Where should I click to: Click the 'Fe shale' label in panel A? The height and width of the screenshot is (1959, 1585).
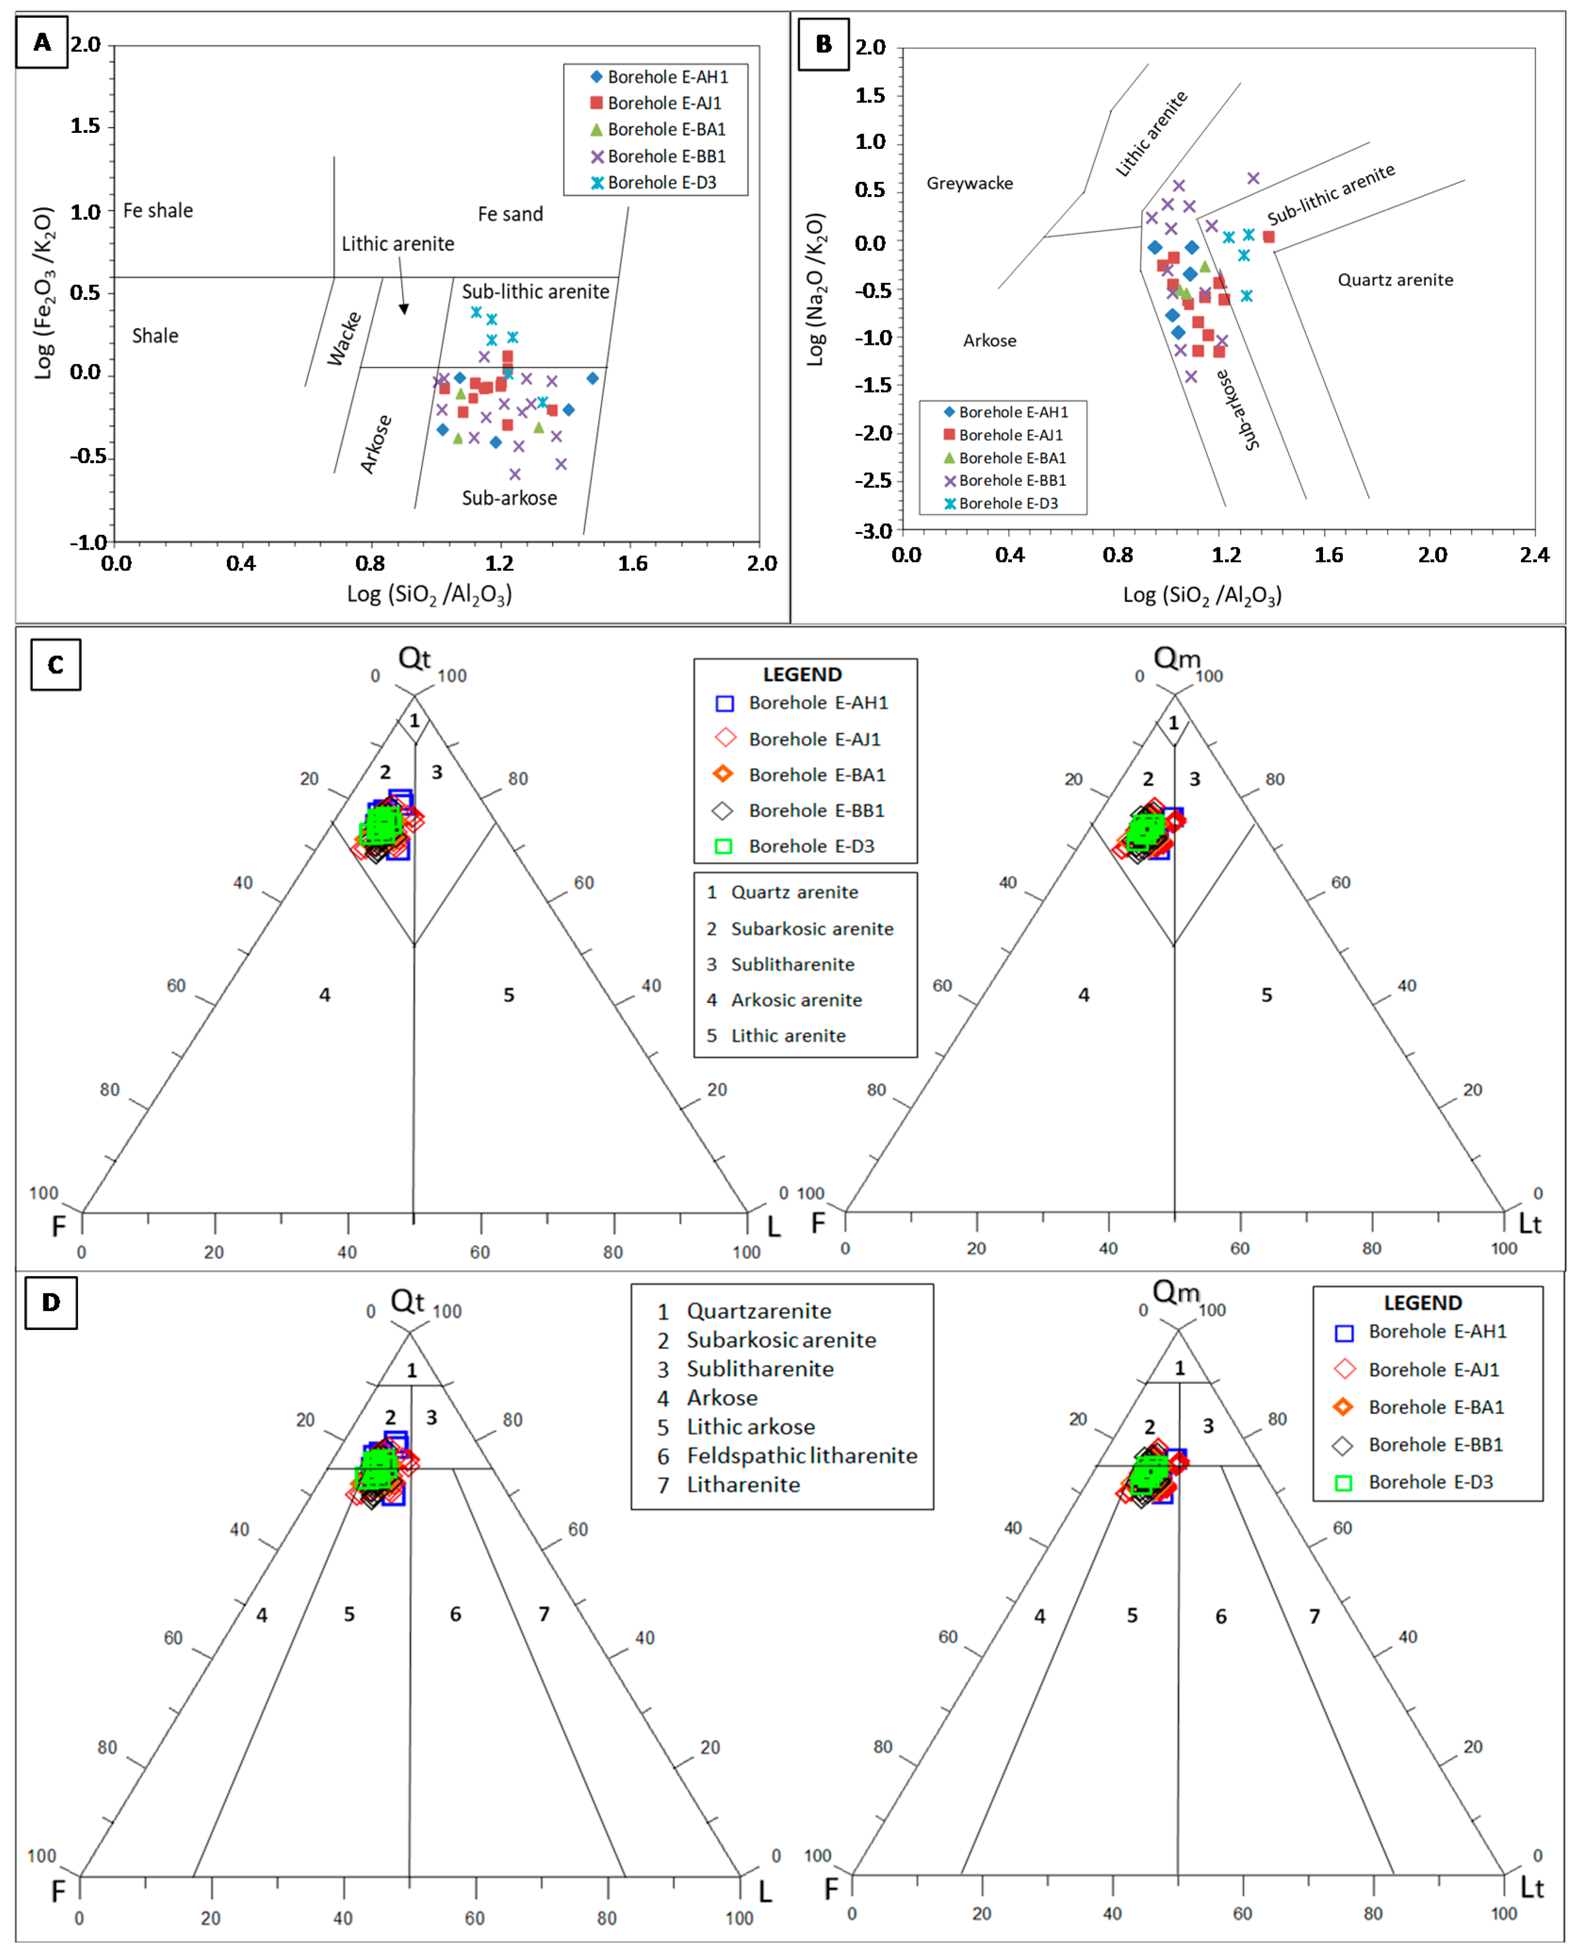(158, 211)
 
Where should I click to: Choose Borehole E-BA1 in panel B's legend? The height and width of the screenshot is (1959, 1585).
(1012, 457)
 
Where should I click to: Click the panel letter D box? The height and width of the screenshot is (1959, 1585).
(51, 1302)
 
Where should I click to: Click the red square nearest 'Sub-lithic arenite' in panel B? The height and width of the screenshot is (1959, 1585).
(1268, 237)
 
